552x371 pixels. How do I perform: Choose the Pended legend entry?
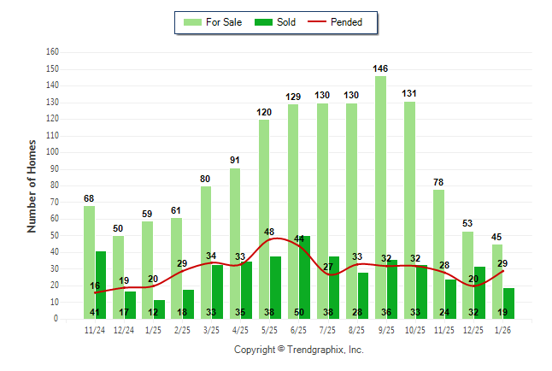point(343,22)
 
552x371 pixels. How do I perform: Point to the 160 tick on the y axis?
point(52,52)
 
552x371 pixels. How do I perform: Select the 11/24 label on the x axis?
point(94,330)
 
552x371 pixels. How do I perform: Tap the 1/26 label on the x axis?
point(502,330)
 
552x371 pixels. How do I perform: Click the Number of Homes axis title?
point(32,185)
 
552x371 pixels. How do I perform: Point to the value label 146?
point(381,68)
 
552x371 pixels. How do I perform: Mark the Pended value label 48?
point(269,233)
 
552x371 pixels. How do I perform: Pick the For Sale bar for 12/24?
point(118,265)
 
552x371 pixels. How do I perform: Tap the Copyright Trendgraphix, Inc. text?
point(299,350)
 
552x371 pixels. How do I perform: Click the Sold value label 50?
point(299,313)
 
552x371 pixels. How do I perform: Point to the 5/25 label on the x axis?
point(269,330)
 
